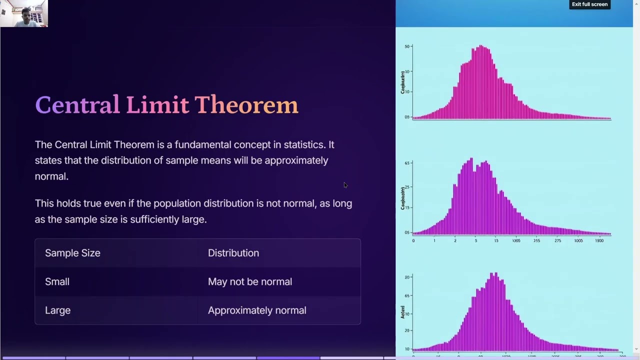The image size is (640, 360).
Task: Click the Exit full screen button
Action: [x=589, y=4]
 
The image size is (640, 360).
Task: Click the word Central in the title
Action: [x=77, y=105]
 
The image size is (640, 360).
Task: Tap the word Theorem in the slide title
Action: [x=246, y=105]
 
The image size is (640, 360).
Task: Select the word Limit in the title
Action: [x=157, y=105]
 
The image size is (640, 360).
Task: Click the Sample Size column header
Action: [x=72, y=253]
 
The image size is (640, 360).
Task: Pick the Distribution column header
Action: [x=233, y=253]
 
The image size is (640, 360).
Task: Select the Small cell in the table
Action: [x=57, y=281]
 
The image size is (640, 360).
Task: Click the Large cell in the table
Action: [x=57, y=310]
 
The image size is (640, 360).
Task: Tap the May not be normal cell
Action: [x=249, y=281]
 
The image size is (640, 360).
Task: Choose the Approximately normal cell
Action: [x=256, y=310]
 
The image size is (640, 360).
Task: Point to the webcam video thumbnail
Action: [x=24, y=13]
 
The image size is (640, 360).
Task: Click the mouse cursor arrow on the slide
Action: [x=345, y=185]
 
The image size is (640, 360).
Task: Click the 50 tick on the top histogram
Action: [x=407, y=46]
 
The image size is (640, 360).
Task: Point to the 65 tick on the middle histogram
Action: [x=407, y=163]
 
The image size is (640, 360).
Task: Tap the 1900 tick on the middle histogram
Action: [x=599, y=241]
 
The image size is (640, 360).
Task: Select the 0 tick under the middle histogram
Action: [x=413, y=241]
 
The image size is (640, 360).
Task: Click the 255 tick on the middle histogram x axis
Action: [x=536, y=241]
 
